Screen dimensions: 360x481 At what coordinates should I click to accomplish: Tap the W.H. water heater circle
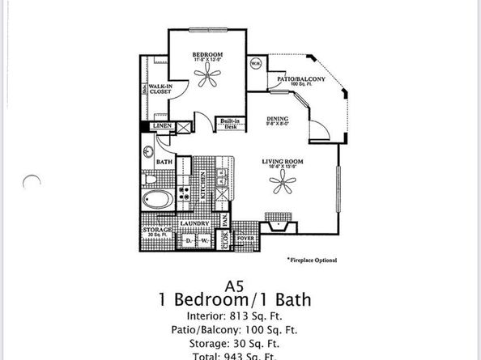coord(255,64)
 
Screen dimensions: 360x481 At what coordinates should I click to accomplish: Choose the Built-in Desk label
coord(228,125)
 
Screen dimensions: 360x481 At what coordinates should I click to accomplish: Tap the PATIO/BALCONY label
coord(301,78)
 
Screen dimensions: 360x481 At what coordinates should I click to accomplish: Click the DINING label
coord(278,120)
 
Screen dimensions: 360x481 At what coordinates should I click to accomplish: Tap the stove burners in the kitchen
coord(184,192)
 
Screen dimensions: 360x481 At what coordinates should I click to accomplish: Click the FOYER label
coord(245,240)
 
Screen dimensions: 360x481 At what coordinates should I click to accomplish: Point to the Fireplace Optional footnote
coord(312,260)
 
